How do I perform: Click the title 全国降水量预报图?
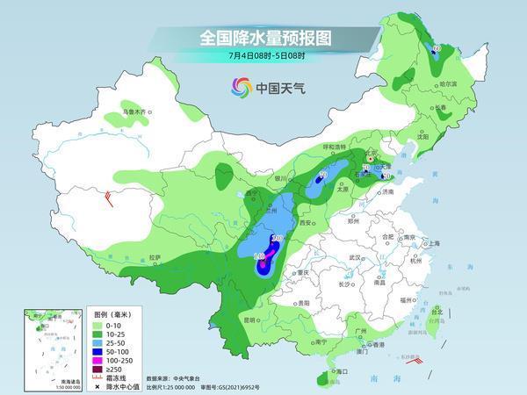click(263, 38)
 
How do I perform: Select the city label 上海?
click(430, 243)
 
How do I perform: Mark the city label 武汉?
click(356, 256)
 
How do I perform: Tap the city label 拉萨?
click(155, 257)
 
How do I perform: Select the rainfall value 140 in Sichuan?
click(259, 256)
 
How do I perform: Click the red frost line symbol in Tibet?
click(108, 197)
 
